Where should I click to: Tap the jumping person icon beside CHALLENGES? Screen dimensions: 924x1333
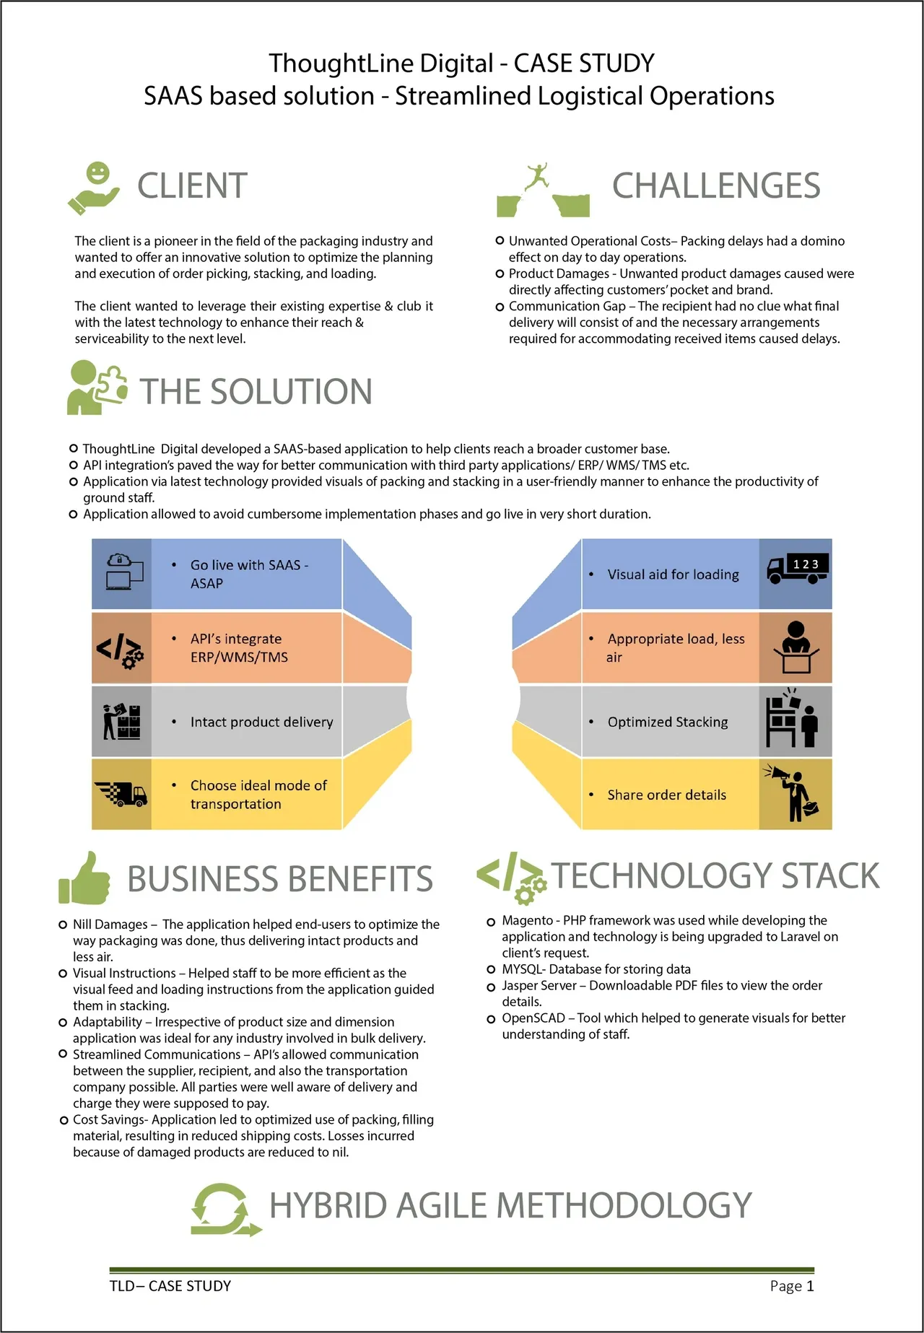click(x=542, y=190)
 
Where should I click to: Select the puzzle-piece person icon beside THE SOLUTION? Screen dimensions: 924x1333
click(x=97, y=388)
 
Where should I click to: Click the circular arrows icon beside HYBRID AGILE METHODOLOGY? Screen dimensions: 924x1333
click(x=225, y=1209)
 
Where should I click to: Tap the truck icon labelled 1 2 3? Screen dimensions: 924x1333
click(x=797, y=569)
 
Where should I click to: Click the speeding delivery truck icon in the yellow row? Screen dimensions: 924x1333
click(x=121, y=793)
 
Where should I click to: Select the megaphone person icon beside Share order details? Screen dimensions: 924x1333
click(x=793, y=793)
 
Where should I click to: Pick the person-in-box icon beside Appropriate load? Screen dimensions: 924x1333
click(x=796, y=647)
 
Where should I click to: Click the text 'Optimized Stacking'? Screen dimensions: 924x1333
click(x=668, y=722)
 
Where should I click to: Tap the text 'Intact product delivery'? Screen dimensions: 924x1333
click(x=261, y=722)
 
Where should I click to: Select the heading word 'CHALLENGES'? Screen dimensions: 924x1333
click(x=716, y=186)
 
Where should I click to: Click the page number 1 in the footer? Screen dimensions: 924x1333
click(x=810, y=1286)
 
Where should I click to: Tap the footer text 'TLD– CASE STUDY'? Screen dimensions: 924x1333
click(x=170, y=1286)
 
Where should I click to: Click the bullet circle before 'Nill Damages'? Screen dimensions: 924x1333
click(x=63, y=925)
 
